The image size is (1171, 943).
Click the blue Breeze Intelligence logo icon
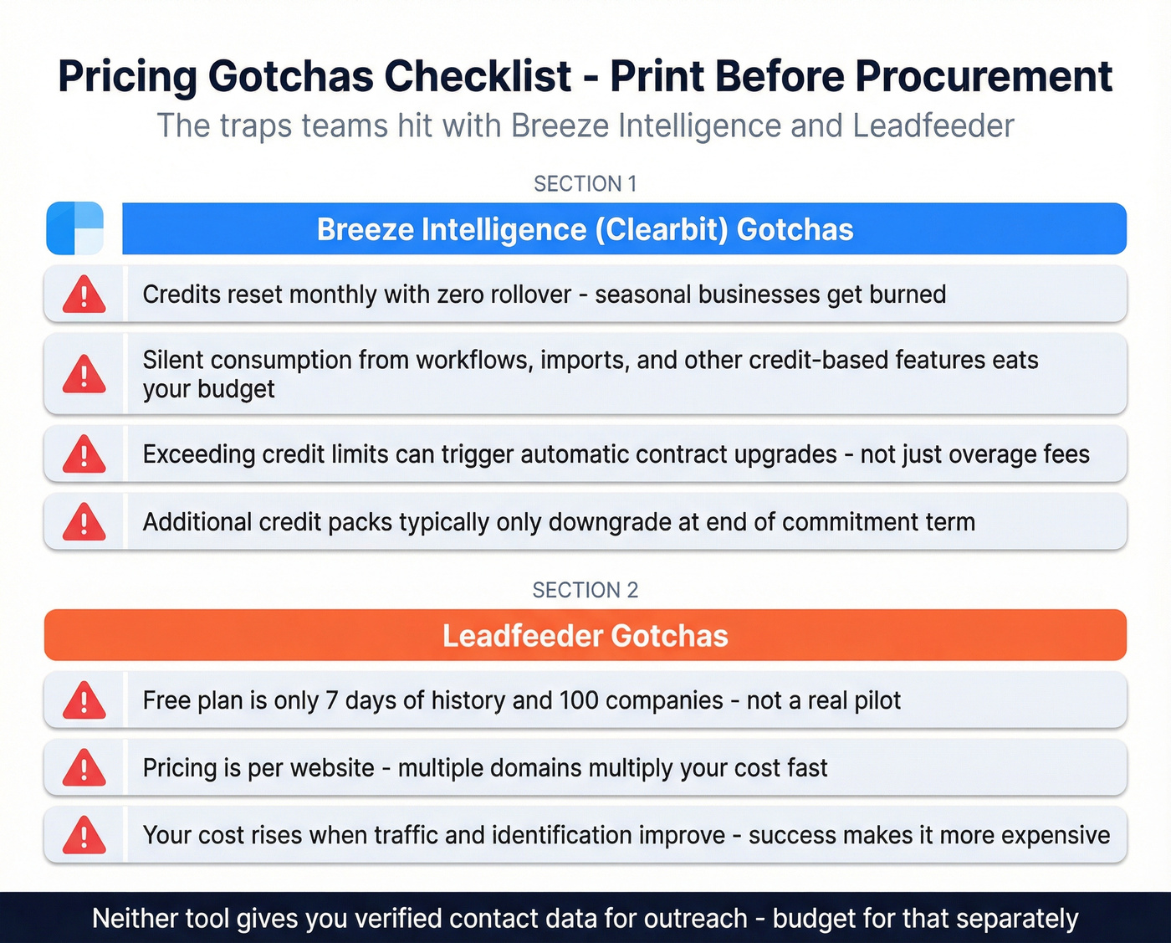click(x=75, y=228)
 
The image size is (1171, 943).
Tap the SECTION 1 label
click(x=585, y=184)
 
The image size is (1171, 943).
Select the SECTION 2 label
click(x=585, y=591)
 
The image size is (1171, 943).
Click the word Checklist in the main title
click(x=478, y=77)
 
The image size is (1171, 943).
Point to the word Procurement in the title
click(x=983, y=77)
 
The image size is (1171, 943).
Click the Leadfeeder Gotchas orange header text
click(x=585, y=636)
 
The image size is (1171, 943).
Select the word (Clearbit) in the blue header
click(x=662, y=229)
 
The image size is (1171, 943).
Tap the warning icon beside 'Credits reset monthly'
click(x=84, y=295)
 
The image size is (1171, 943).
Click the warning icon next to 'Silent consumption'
click(x=84, y=374)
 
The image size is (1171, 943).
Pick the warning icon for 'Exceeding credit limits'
click(x=84, y=455)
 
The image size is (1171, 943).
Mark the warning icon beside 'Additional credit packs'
click(x=84, y=523)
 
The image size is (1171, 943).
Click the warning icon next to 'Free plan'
click(x=84, y=701)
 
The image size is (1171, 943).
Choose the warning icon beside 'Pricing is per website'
click(x=84, y=769)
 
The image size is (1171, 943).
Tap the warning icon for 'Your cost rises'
click(x=84, y=836)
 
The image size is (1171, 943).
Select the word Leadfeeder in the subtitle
click(x=933, y=126)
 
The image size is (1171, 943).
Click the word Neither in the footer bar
click(x=134, y=919)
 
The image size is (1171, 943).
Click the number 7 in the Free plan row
click(x=331, y=700)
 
